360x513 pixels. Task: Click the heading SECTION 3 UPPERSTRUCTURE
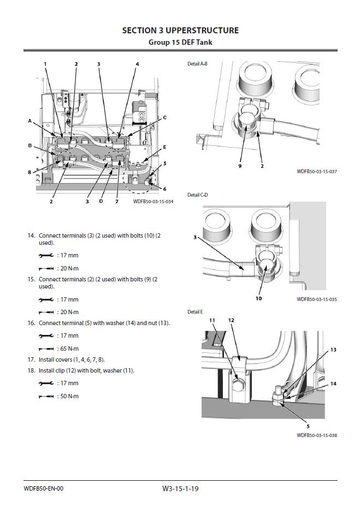click(180, 31)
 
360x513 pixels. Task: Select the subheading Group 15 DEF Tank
click(180, 42)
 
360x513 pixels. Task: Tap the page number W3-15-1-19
click(180, 488)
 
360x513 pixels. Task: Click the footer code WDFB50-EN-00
click(44, 488)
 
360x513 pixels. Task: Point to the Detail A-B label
click(197, 64)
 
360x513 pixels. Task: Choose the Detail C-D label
click(197, 194)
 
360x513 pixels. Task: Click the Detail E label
click(195, 311)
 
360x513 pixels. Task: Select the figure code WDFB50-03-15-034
click(153, 202)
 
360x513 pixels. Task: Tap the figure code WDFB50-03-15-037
click(317, 172)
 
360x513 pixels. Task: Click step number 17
click(31, 359)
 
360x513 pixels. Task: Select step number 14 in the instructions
click(31, 235)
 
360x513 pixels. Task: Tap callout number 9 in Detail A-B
click(239, 166)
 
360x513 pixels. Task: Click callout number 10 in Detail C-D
click(259, 299)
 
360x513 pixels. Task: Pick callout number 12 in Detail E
click(231, 320)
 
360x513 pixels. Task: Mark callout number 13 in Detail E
click(333, 349)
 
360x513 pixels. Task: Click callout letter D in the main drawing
click(101, 202)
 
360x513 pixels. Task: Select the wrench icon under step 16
click(46, 335)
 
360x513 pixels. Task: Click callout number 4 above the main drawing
click(137, 64)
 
